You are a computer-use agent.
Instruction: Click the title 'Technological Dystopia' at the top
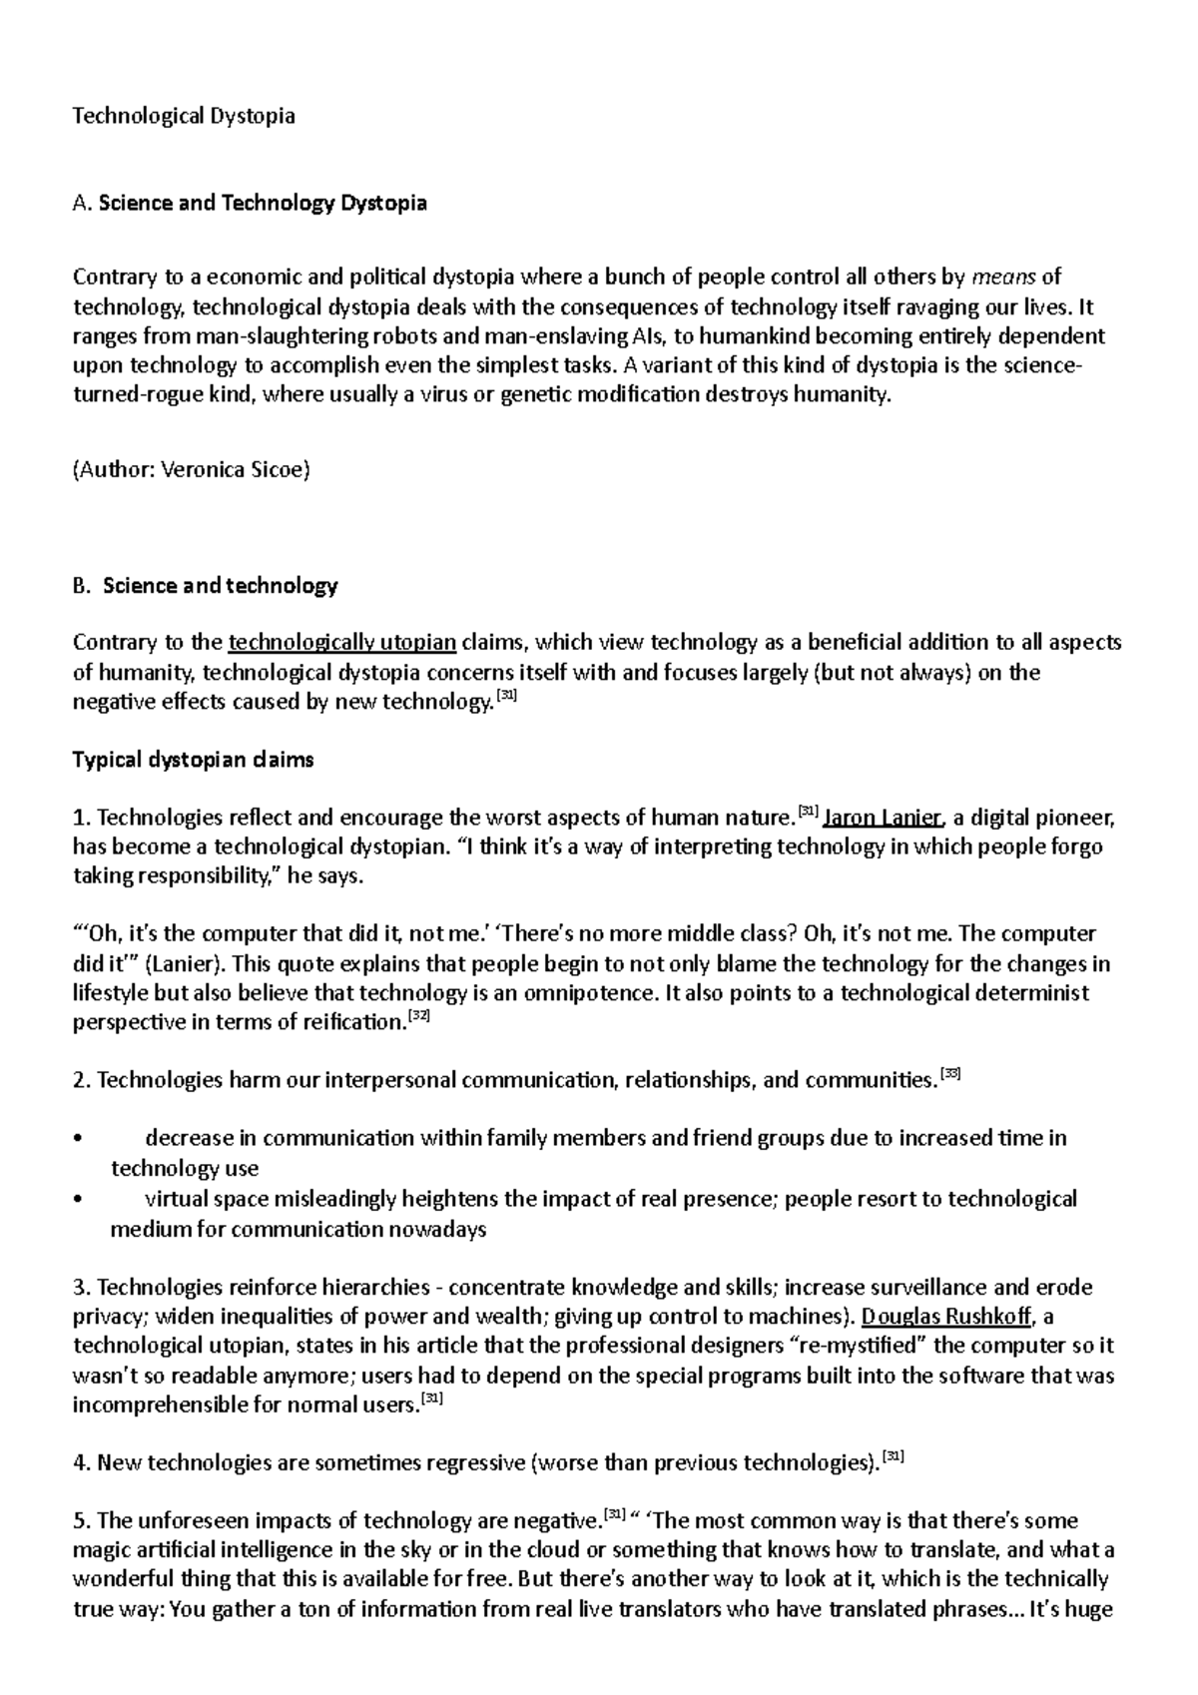tap(184, 116)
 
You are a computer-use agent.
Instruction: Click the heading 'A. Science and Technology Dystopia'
tap(250, 204)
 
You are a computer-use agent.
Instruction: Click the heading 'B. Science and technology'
tap(206, 586)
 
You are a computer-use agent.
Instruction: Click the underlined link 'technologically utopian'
tap(342, 642)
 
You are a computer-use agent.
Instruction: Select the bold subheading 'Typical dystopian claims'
tap(194, 760)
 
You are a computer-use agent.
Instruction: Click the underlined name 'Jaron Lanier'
tap(883, 819)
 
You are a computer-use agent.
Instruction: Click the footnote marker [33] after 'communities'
tap(950, 1074)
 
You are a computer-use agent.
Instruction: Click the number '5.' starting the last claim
tap(82, 1522)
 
